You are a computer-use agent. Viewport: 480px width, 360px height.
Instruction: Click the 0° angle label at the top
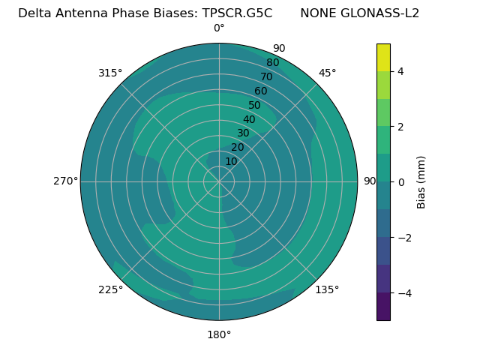[219, 28]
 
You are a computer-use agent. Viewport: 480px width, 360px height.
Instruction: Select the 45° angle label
[328, 73]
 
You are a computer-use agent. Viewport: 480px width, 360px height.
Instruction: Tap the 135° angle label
[327, 289]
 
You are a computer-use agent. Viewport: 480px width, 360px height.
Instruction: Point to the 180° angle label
[219, 334]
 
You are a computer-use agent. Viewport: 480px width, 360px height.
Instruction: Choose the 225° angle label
[110, 289]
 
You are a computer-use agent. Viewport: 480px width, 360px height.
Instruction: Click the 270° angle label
[66, 181]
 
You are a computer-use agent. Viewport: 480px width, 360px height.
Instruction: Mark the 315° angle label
[110, 73]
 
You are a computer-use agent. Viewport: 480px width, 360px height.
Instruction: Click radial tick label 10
[231, 161]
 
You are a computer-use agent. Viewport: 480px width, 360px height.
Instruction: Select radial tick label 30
[243, 133]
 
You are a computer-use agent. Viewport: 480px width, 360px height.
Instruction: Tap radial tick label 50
[254, 105]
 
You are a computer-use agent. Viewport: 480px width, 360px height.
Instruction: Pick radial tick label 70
[266, 76]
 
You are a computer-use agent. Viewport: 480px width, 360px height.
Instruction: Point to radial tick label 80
[272, 62]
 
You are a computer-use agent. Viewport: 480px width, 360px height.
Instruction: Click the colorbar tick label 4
[400, 71]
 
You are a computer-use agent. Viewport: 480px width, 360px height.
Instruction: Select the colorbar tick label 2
[400, 127]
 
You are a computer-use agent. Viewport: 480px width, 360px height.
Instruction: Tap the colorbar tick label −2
[403, 238]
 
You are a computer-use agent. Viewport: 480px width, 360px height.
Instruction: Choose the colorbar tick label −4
[403, 293]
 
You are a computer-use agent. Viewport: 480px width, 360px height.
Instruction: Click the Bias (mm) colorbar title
[421, 181]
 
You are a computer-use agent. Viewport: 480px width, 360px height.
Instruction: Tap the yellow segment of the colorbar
[383, 57]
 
